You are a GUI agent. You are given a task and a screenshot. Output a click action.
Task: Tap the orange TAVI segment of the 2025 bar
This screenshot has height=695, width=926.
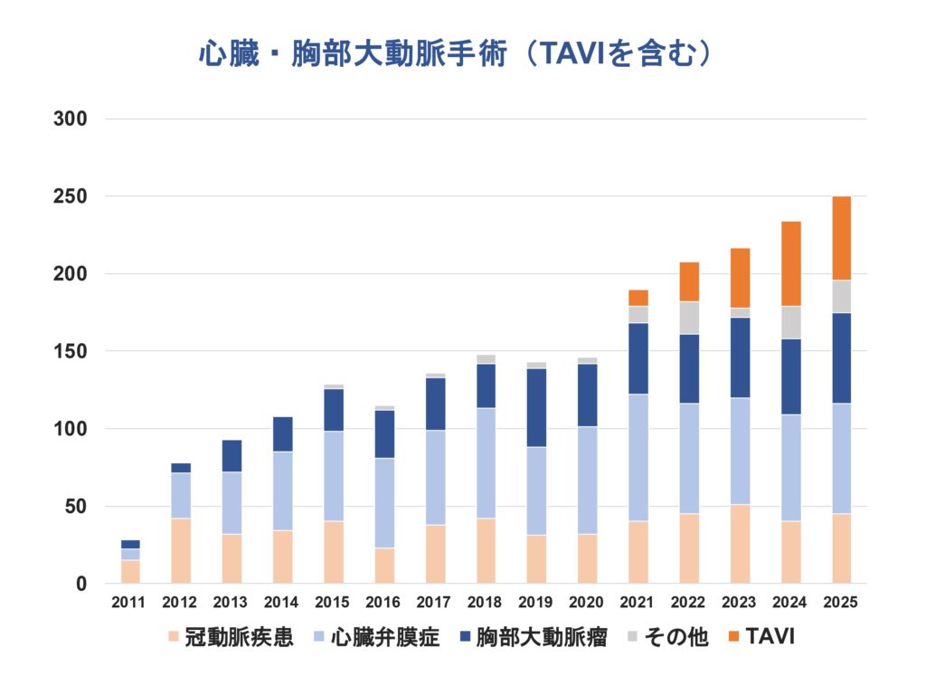tap(841, 238)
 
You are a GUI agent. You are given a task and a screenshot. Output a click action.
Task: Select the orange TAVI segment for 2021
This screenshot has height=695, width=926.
tap(638, 298)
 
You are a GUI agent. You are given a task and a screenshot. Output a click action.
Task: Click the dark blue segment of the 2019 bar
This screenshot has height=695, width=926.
tap(536, 407)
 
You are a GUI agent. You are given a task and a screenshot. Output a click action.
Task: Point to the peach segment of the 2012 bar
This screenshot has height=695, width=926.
tap(181, 550)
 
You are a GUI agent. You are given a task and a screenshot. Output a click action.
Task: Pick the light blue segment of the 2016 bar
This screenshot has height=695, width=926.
tap(384, 502)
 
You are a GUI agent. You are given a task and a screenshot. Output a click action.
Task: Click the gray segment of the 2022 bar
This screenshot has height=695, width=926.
tap(689, 318)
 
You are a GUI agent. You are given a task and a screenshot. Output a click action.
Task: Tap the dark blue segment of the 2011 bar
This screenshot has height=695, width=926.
tap(130, 544)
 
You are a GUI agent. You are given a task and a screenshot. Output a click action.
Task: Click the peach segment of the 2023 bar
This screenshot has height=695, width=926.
tap(740, 543)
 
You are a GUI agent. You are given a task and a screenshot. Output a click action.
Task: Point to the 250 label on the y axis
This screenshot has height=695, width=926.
tap(72, 196)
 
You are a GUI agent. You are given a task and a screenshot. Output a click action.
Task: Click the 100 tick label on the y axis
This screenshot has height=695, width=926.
tap(72, 429)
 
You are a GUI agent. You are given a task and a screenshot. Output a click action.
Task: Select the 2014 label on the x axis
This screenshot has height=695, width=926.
tap(282, 602)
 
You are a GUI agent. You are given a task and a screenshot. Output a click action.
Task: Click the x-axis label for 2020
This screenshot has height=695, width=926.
tap(587, 602)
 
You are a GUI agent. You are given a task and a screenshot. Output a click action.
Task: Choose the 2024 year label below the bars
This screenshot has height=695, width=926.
tap(790, 602)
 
